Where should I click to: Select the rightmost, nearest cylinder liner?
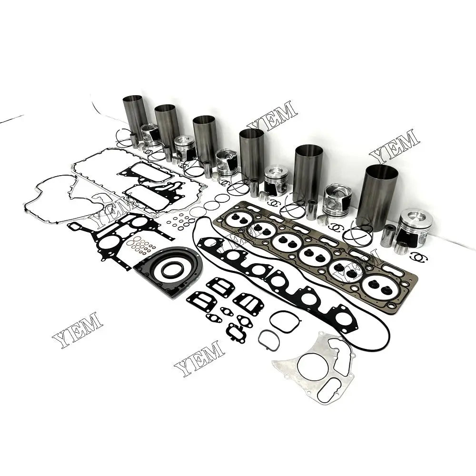tap(377, 197)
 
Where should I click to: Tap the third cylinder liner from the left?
tap(205, 139)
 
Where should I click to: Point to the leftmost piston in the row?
tap(150, 135)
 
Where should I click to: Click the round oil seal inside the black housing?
tap(170, 270)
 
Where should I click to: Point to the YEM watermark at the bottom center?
tap(199, 358)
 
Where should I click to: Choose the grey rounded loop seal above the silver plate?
tap(285, 321)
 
